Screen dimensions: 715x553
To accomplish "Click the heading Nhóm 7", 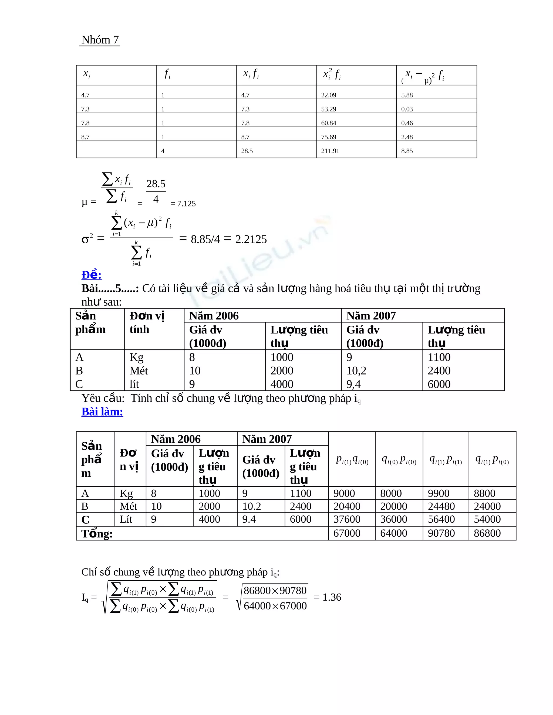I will coord(100,40).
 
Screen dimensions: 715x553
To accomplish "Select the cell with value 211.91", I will coord(330,151).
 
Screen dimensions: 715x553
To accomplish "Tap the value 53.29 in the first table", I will coord(328,109).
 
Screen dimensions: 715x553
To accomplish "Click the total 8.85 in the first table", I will coord(407,151).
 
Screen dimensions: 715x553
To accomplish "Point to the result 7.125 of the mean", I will coord(186,204).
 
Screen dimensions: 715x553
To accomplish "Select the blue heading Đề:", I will coord(92,275).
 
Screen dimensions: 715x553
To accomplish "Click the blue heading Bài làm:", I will coord(102,411).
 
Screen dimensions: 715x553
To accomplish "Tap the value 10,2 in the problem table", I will coord(356,371).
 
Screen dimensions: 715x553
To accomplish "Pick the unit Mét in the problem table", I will coord(139,371).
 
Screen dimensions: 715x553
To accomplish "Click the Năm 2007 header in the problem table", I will coord(371,316).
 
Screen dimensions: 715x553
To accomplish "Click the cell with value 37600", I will coord(347,519).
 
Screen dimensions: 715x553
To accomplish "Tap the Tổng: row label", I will coord(97,534).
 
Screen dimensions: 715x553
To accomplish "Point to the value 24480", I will coord(441,506).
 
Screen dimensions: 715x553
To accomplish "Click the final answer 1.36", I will coord(332,597).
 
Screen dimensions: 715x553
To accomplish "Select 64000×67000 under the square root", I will coord(275,606).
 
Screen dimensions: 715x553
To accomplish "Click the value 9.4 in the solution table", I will coord(249,519).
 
